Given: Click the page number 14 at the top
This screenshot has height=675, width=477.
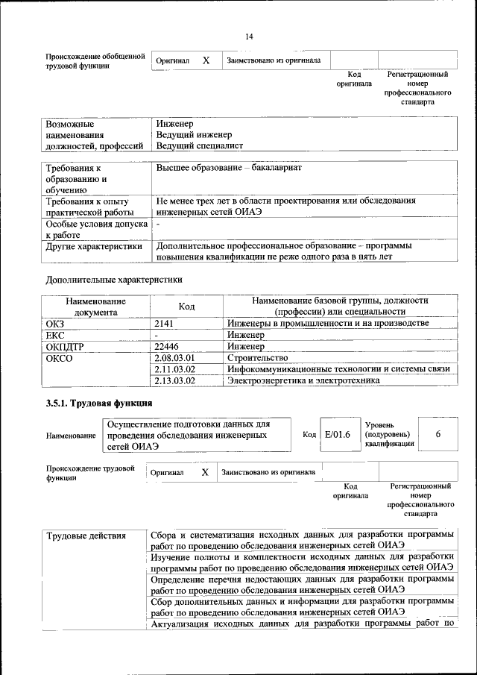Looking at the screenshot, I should click(249, 37).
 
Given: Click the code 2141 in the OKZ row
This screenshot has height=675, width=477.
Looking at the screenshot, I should click(164, 323).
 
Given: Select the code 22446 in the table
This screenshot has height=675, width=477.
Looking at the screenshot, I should click(167, 346).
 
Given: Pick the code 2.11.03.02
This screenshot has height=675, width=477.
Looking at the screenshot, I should click(174, 369).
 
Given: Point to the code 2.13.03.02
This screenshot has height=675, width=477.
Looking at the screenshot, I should click(174, 380).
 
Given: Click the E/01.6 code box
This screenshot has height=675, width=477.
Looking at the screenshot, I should click(338, 435).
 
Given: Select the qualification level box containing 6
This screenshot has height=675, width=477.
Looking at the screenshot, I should click(437, 434).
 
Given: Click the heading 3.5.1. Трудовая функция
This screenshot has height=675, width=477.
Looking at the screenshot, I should click(100, 404).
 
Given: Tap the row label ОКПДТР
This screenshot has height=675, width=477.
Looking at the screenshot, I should click(65, 346).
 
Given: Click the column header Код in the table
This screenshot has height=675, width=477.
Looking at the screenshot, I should click(186, 306).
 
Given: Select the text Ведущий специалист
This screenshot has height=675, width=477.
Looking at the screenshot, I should click(199, 145).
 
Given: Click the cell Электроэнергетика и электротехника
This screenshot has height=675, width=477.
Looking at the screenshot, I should click(303, 380).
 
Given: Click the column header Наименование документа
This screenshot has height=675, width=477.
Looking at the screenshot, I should click(95, 306).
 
